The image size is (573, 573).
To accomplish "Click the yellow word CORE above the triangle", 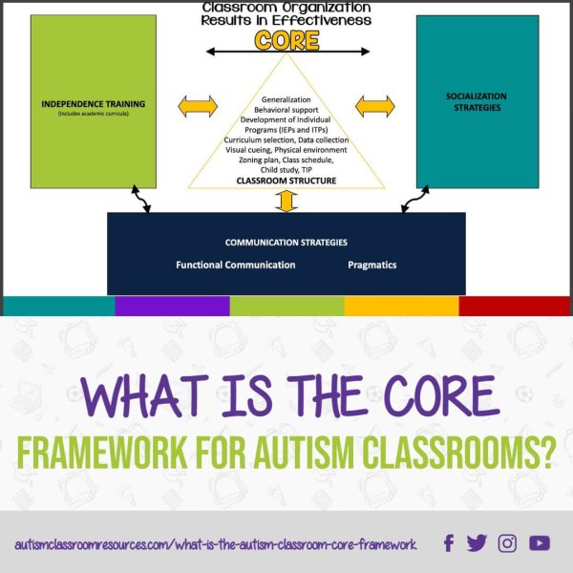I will coord(286,40).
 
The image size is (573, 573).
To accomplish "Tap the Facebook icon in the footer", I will coord(449,543).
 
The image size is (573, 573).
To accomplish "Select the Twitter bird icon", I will coord(477,543).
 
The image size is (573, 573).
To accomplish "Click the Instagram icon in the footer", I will coord(507,543).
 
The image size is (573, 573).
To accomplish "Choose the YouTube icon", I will coord(540,543).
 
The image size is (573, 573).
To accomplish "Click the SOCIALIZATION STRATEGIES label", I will coord(477,102).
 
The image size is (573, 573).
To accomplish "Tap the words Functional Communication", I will coord(236,265).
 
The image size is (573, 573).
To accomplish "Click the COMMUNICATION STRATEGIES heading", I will coord(286,243).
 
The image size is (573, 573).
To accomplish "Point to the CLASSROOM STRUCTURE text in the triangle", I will coord(286,179).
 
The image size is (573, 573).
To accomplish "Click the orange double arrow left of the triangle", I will coord(198,106).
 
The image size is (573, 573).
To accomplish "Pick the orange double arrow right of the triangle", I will coord(374,106).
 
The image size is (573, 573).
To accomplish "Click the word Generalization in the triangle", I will coord(286,99).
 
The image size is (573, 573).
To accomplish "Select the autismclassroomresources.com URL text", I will coord(216,544).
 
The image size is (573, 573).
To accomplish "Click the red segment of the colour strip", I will coord(516,306).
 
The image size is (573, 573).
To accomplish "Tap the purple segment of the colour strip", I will coord(172,306).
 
